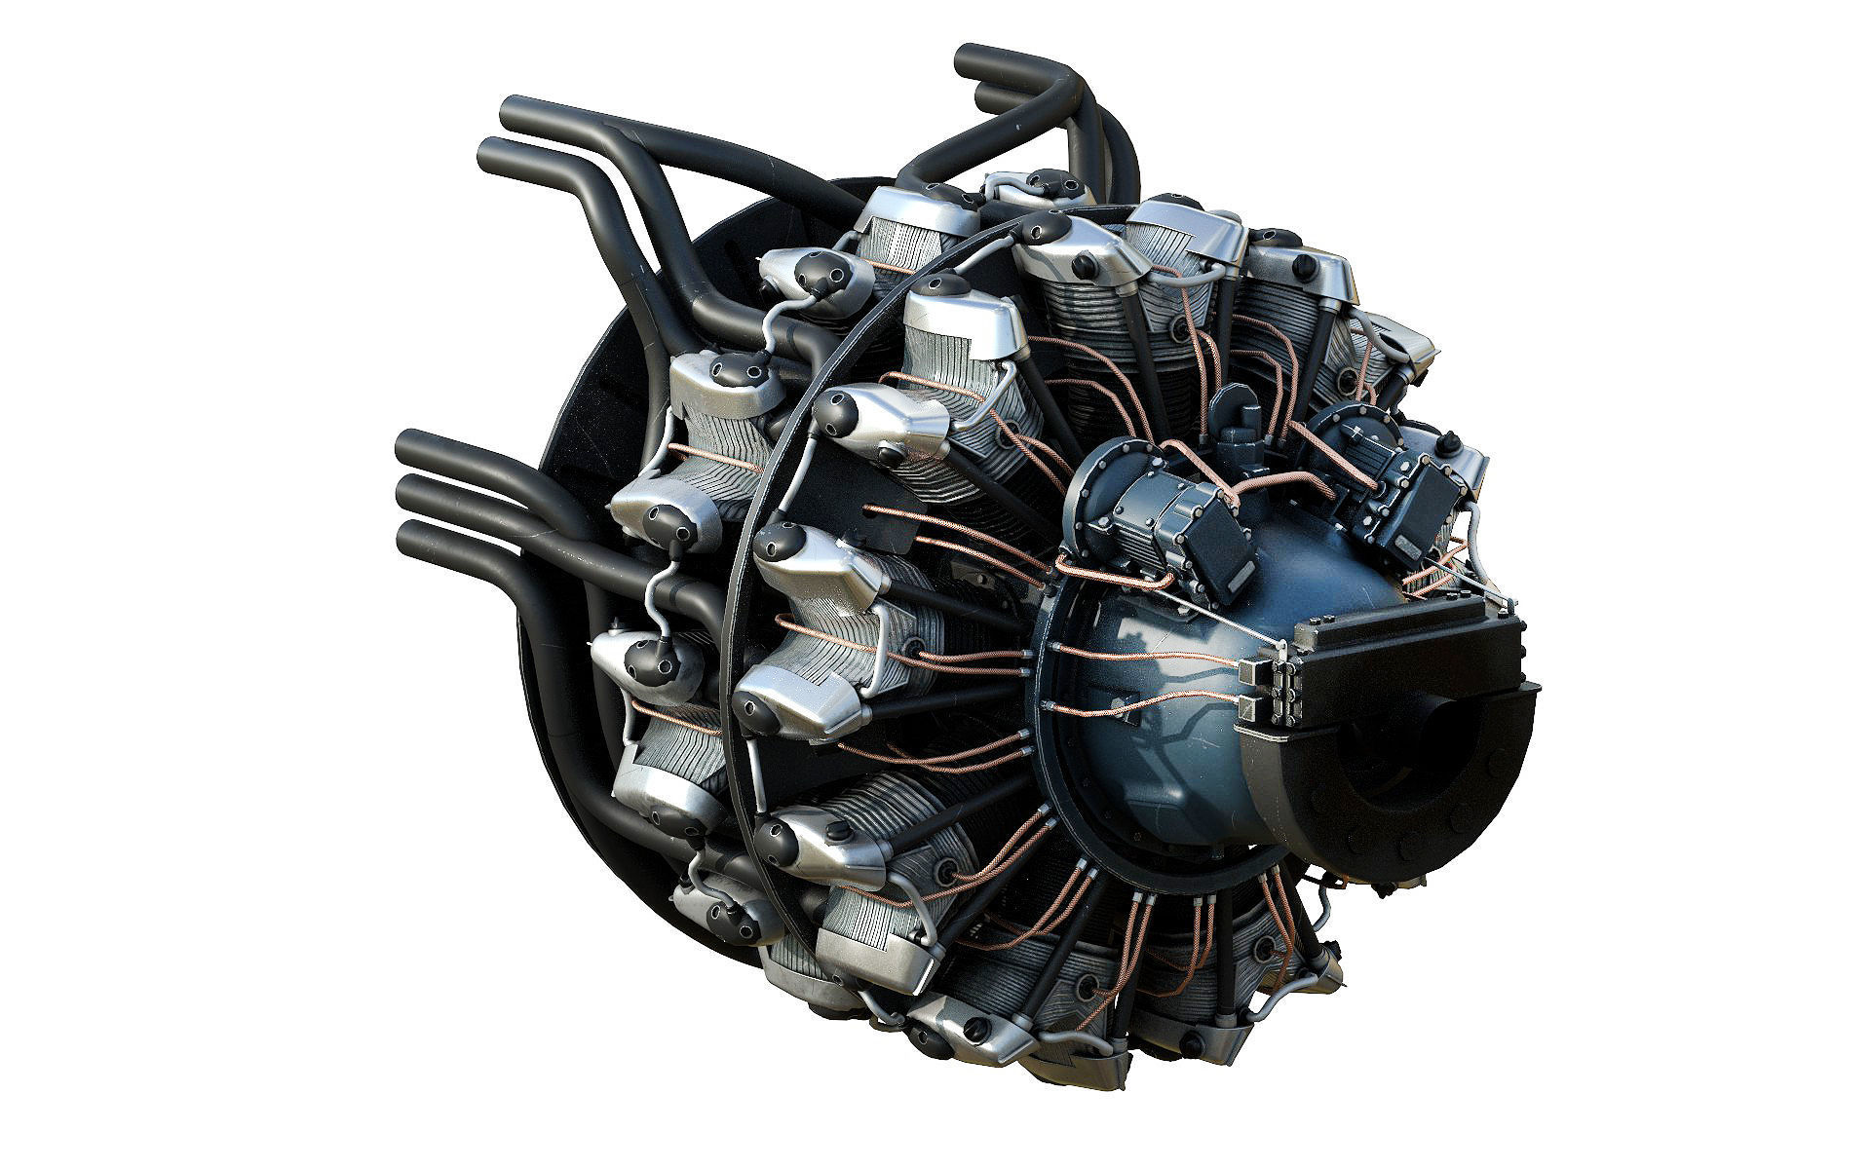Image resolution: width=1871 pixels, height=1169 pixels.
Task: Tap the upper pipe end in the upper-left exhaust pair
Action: click(513, 112)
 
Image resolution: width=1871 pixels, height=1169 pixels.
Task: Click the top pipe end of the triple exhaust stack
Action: click(408, 447)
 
